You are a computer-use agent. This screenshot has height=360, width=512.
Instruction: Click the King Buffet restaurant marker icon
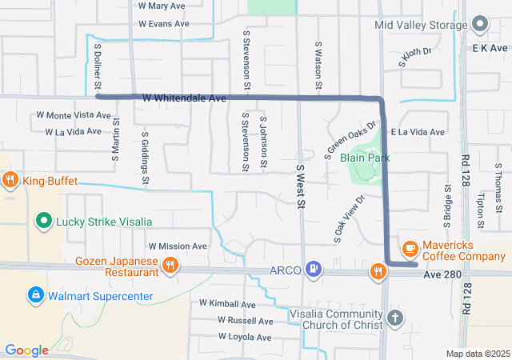coord(10,180)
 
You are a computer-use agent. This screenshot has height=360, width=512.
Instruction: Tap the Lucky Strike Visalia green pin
coord(44,221)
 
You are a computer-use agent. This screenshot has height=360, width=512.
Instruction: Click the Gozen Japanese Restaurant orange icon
coord(170,266)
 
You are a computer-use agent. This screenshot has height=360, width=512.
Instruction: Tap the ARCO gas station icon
coord(315,270)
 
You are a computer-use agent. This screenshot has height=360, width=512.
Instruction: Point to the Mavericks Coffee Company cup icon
coord(410,250)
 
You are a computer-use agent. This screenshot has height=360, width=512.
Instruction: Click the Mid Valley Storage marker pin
coord(479,24)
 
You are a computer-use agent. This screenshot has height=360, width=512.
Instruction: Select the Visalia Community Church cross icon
coord(394,318)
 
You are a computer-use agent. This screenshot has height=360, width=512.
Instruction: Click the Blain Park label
coord(365,158)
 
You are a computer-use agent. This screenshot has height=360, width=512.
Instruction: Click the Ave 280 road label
coord(444,274)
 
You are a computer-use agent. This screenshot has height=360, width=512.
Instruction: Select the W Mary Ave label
coord(162,6)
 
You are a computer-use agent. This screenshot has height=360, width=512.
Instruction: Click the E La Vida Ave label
coord(417,132)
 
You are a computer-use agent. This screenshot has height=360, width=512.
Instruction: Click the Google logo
coord(26,350)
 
